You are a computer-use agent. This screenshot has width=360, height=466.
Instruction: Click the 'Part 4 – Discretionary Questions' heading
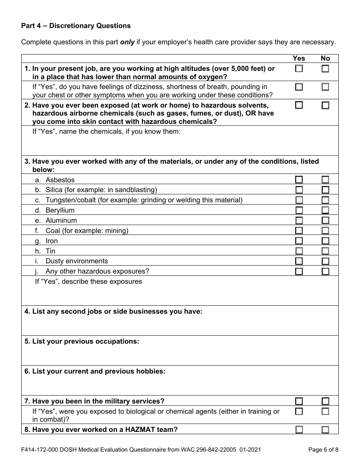tap(76, 26)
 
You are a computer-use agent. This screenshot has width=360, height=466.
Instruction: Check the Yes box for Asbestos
tap(299, 180)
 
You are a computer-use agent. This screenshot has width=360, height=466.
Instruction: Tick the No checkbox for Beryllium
tap(325, 210)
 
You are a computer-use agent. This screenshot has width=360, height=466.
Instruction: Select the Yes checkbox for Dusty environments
tap(299, 261)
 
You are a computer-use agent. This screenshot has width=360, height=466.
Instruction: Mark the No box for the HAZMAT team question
tap(325, 430)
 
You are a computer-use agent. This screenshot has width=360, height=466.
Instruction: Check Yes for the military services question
tap(299, 401)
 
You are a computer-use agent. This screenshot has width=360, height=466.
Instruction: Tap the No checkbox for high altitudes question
tap(325, 69)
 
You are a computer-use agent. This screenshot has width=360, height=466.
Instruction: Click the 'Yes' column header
tap(299, 58)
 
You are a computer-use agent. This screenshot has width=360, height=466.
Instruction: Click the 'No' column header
tap(325, 58)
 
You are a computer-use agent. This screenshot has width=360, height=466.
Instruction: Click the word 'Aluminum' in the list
tap(61, 220)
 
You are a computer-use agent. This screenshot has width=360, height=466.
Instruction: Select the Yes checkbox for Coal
tap(299, 230)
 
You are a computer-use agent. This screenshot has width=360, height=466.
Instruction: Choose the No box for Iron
tap(325, 241)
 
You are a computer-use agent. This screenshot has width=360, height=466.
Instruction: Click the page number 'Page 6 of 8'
tap(323, 450)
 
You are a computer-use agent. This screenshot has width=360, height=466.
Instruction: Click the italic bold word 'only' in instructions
tap(127, 42)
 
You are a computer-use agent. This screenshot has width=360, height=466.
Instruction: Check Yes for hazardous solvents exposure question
tap(299, 105)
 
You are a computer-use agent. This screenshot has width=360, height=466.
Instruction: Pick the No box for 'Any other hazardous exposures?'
tap(325, 271)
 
